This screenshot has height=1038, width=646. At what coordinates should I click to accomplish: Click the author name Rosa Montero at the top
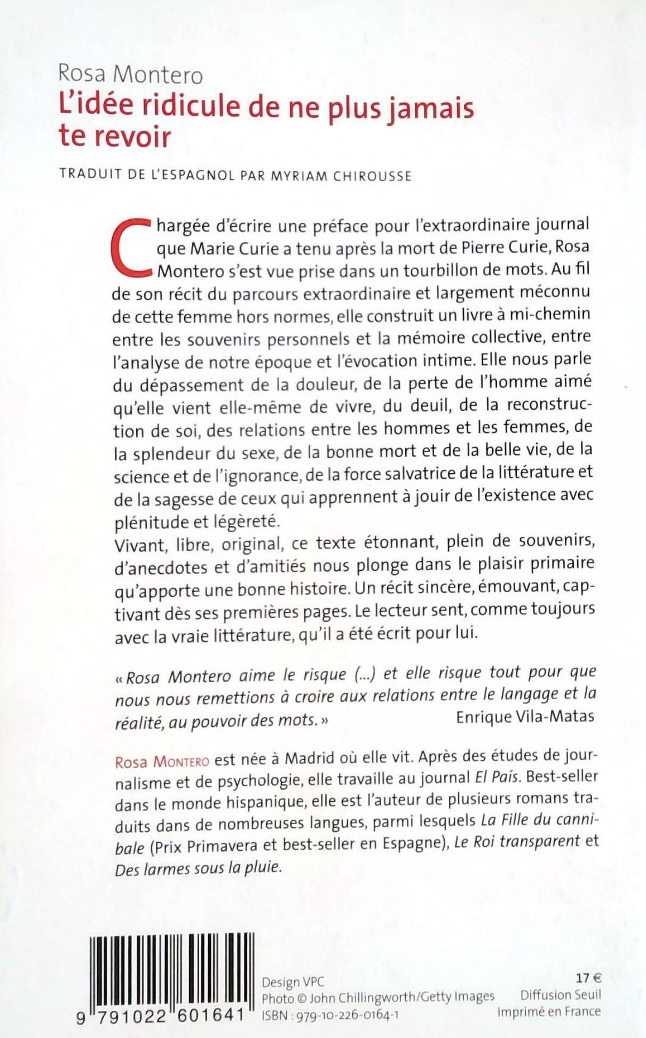click(131, 75)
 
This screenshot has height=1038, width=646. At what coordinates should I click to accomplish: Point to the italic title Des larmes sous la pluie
click(198, 867)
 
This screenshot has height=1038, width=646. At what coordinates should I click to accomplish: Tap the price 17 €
click(588, 978)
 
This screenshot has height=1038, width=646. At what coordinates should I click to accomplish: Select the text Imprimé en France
click(549, 1011)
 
